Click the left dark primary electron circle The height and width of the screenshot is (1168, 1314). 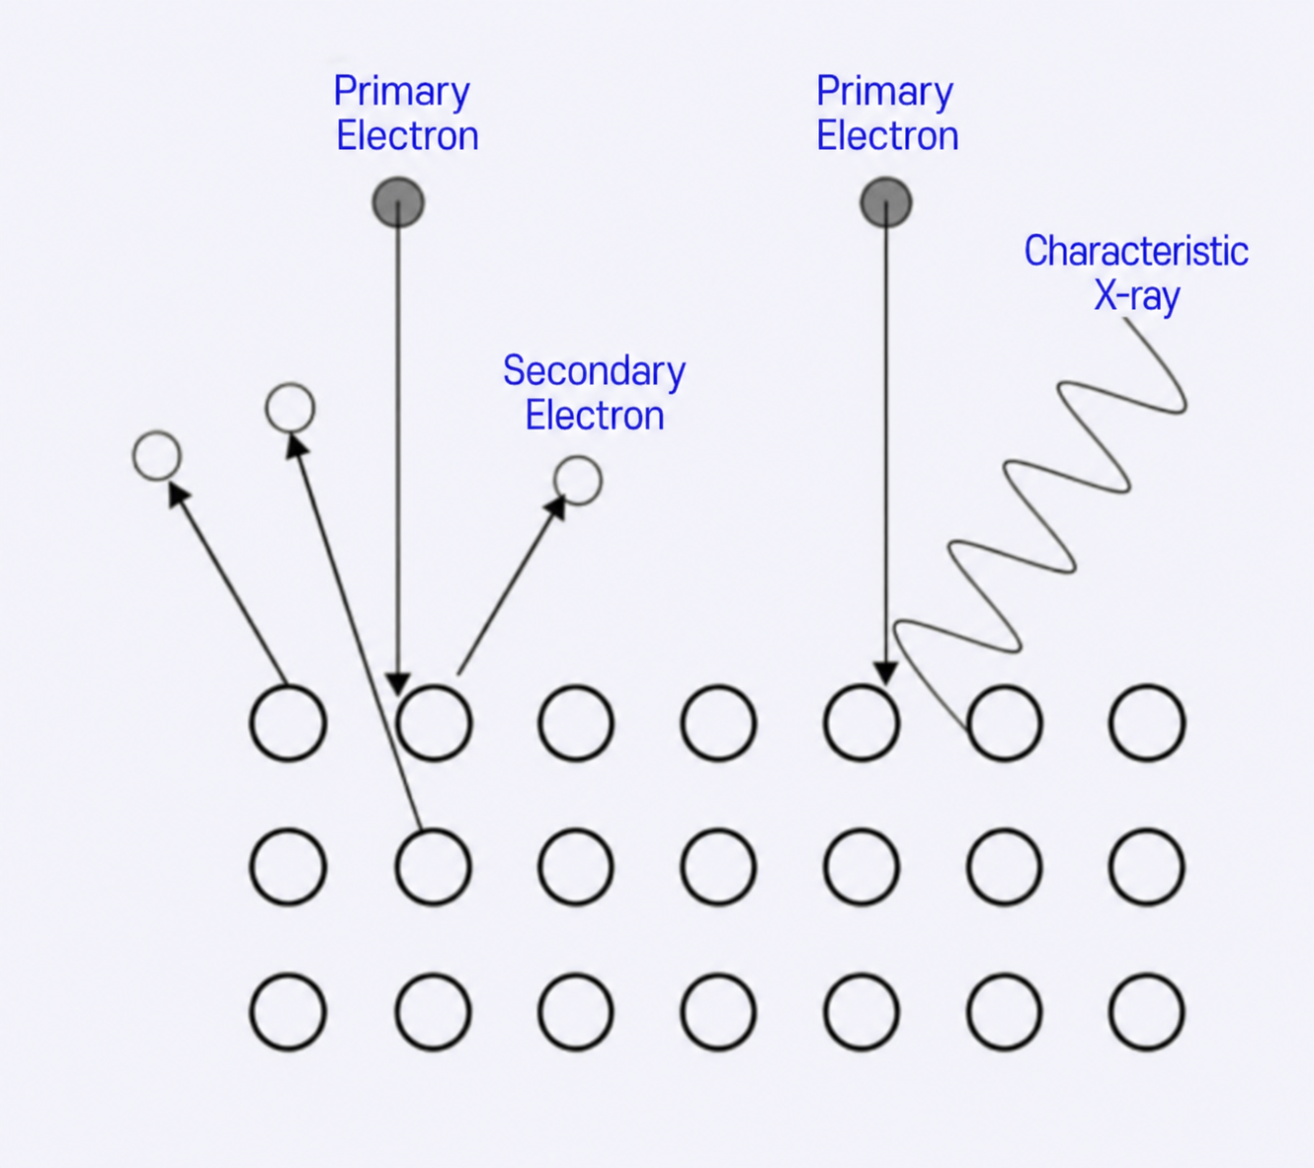[x=398, y=202]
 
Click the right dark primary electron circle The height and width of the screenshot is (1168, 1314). [x=886, y=202]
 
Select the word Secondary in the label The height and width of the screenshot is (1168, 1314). [x=594, y=371]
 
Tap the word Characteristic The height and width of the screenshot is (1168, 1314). [x=1136, y=251]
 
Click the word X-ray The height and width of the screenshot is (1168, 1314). [x=1136, y=297]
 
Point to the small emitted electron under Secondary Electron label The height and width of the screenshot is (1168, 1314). [x=578, y=480]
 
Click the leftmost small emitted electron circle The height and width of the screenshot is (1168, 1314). [x=157, y=456]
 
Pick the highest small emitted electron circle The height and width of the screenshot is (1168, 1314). [x=289, y=407]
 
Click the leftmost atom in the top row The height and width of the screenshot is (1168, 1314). [x=287, y=722]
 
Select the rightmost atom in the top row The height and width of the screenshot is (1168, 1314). [x=1147, y=722]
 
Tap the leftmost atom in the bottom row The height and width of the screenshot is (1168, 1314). [x=287, y=1011]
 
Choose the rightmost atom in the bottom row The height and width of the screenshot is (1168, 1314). [x=1147, y=1011]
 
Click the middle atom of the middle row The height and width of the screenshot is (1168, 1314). [x=718, y=867]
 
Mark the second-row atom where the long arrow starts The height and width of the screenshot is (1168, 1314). [x=434, y=867]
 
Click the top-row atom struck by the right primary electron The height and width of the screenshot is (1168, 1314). [x=862, y=722]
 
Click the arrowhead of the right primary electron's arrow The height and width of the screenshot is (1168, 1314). [x=885, y=673]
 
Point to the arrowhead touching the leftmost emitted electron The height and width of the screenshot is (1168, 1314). [x=178, y=495]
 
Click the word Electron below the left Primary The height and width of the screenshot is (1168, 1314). [x=407, y=136]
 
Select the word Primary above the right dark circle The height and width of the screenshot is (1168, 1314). [x=884, y=92]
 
